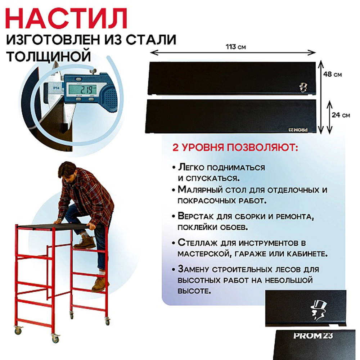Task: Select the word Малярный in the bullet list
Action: (x=198, y=189)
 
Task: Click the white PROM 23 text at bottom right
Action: (x=313, y=336)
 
